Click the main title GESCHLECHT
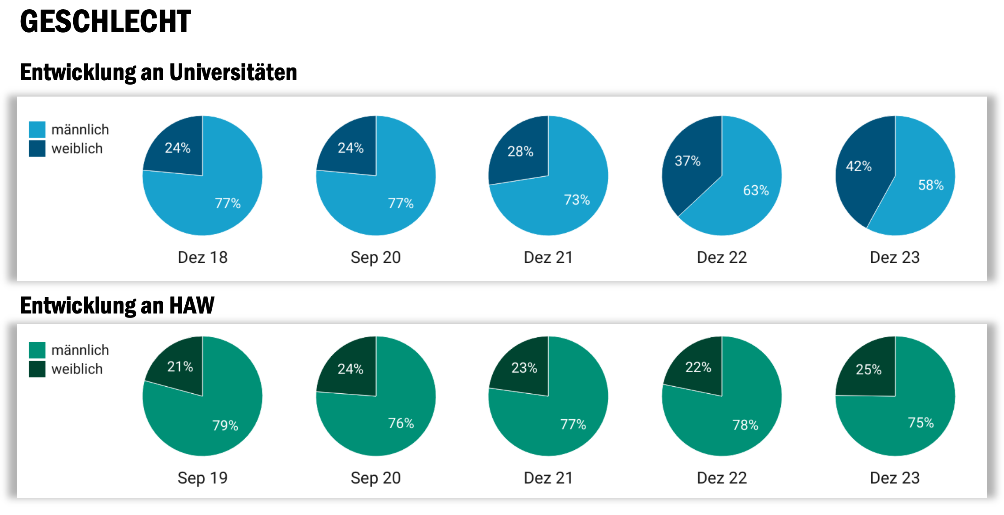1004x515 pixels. [105, 22]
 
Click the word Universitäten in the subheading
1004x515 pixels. [233, 72]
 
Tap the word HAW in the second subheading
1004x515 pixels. [192, 305]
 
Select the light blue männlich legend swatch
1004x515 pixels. [37, 130]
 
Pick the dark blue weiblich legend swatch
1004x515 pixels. [37, 149]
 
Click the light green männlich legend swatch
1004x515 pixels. [37, 350]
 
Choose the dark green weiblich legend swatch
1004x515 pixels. [37, 369]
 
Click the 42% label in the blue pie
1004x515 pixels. [858, 166]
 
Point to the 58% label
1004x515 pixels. [931, 185]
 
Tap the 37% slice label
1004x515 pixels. [687, 161]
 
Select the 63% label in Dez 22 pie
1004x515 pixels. [756, 190]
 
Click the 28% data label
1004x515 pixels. [520, 152]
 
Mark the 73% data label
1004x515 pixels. [577, 200]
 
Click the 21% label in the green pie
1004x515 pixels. [180, 366]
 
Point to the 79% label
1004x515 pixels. [225, 425]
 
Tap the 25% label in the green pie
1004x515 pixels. [868, 369]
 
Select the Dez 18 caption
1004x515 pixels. [202, 257]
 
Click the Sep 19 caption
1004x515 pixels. [202, 478]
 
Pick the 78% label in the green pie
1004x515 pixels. [745, 425]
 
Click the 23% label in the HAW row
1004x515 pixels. [524, 368]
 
